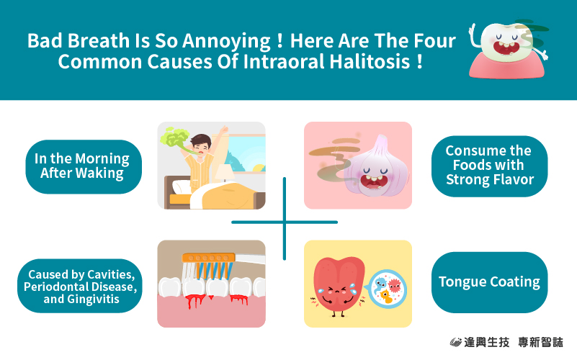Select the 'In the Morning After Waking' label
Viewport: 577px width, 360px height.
pos(84,166)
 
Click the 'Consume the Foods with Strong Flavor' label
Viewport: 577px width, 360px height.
pos(489,166)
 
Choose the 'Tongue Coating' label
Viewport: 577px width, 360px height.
pos(489,282)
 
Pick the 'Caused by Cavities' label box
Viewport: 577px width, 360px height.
pos(80,286)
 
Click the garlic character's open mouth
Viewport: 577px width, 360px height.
pos(373,181)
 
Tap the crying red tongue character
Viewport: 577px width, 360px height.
pos(339,287)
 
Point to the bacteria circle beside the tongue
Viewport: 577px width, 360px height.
pos(387,289)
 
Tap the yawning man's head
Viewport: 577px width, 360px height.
pos(201,144)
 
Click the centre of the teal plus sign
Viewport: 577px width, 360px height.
pos(285,222)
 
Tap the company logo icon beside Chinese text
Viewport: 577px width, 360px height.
pos(455,342)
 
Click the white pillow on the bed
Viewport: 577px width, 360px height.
pos(182,186)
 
